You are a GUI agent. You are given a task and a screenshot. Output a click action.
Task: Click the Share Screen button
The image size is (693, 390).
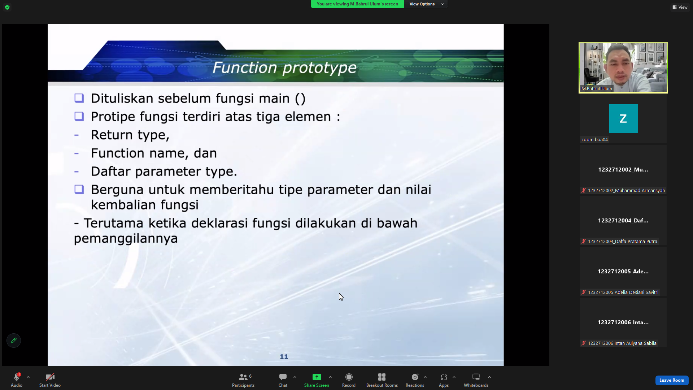click(x=317, y=380)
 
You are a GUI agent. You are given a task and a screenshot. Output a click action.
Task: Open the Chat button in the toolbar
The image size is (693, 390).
click(x=283, y=380)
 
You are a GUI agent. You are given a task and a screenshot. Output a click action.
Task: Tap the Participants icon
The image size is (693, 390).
click(x=243, y=377)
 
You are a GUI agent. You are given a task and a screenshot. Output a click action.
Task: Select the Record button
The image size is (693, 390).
click(x=349, y=380)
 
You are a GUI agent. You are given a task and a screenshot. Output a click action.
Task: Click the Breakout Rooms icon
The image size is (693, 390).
click(x=382, y=377)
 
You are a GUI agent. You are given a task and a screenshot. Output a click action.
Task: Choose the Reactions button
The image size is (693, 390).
click(x=415, y=380)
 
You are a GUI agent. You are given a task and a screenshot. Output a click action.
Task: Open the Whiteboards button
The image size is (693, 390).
click(x=476, y=380)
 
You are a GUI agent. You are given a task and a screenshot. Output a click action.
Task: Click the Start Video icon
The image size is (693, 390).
click(x=50, y=377)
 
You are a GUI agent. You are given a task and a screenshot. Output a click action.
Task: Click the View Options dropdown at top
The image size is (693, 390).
click(x=426, y=4)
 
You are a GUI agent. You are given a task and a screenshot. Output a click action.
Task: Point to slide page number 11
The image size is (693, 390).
click(x=284, y=357)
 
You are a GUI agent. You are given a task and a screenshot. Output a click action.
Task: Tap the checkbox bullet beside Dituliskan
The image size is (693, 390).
click(x=79, y=98)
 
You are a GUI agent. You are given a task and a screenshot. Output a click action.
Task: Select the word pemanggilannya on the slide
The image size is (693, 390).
click(x=126, y=239)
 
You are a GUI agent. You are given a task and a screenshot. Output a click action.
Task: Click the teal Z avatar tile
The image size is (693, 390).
click(x=623, y=118)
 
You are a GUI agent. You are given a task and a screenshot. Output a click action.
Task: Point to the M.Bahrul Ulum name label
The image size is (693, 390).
click(x=597, y=88)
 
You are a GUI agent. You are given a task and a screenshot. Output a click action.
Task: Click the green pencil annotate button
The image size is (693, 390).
click(x=14, y=341)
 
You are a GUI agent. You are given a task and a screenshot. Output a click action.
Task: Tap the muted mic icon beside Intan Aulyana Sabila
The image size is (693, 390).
click(x=583, y=343)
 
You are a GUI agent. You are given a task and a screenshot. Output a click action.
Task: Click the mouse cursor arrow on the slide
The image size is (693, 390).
click(x=341, y=297)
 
